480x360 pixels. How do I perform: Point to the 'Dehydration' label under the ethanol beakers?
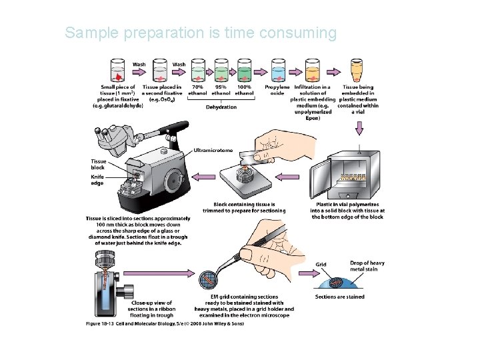click(x=221, y=107)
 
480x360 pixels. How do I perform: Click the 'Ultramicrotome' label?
click(x=213, y=150)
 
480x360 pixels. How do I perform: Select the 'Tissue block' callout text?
click(x=97, y=164)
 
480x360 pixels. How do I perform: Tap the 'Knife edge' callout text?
click(x=97, y=180)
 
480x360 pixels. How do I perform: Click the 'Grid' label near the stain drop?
click(x=321, y=264)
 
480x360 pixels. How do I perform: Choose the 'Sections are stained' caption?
click(x=339, y=296)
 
